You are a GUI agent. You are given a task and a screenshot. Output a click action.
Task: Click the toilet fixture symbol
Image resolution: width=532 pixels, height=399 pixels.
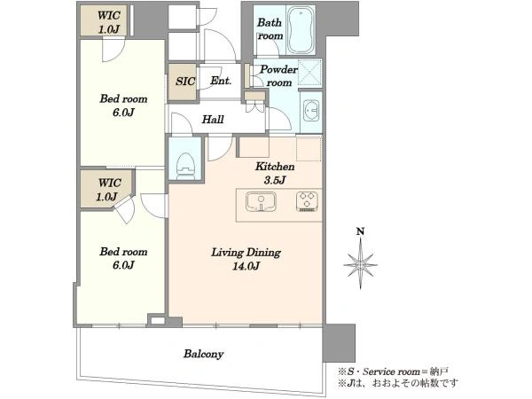point(185,163)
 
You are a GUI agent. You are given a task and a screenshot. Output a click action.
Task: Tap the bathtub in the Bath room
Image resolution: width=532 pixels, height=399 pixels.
point(301,30)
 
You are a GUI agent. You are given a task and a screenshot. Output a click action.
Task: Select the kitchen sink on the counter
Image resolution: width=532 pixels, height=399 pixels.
point(261,201)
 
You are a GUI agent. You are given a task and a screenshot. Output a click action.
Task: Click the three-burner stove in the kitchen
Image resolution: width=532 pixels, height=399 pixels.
point(307,201)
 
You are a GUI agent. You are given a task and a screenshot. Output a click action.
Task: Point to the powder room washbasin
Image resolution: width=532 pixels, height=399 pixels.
point(311,110)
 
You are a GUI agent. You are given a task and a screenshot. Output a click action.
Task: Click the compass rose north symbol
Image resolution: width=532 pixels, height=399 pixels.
point(360,264)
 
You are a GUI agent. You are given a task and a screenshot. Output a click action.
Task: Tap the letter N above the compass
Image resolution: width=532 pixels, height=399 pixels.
point(360,231)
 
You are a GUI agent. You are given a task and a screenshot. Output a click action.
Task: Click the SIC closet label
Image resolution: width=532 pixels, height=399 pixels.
point(185,81)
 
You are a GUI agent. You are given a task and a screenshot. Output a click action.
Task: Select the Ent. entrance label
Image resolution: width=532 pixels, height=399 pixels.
point(221,81)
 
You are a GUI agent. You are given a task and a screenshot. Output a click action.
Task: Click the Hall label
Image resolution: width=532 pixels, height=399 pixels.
point(213,120)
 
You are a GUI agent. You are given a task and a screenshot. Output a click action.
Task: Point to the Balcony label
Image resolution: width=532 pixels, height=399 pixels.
point(204,354)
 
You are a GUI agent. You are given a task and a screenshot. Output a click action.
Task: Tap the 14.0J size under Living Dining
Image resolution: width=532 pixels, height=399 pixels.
point(246,266)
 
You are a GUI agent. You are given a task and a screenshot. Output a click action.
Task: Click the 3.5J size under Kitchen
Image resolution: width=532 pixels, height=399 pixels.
point(275,180)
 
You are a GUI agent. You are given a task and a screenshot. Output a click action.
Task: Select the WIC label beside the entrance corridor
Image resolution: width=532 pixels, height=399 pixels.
point(109,16)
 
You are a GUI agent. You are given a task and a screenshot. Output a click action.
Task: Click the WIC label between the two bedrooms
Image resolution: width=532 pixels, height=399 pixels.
point(109,184)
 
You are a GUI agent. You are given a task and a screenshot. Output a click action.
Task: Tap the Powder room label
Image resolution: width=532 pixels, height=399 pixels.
point(279,76)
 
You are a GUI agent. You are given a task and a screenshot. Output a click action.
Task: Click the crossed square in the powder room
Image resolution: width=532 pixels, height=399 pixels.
point(309,73)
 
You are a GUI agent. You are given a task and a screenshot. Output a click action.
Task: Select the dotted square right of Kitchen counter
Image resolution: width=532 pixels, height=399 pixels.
point(309,148)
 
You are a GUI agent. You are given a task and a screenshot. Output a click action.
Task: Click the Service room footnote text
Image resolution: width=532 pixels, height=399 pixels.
point(394,372)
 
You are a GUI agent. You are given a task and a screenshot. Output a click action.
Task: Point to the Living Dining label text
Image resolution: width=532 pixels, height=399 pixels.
point(246,253)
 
